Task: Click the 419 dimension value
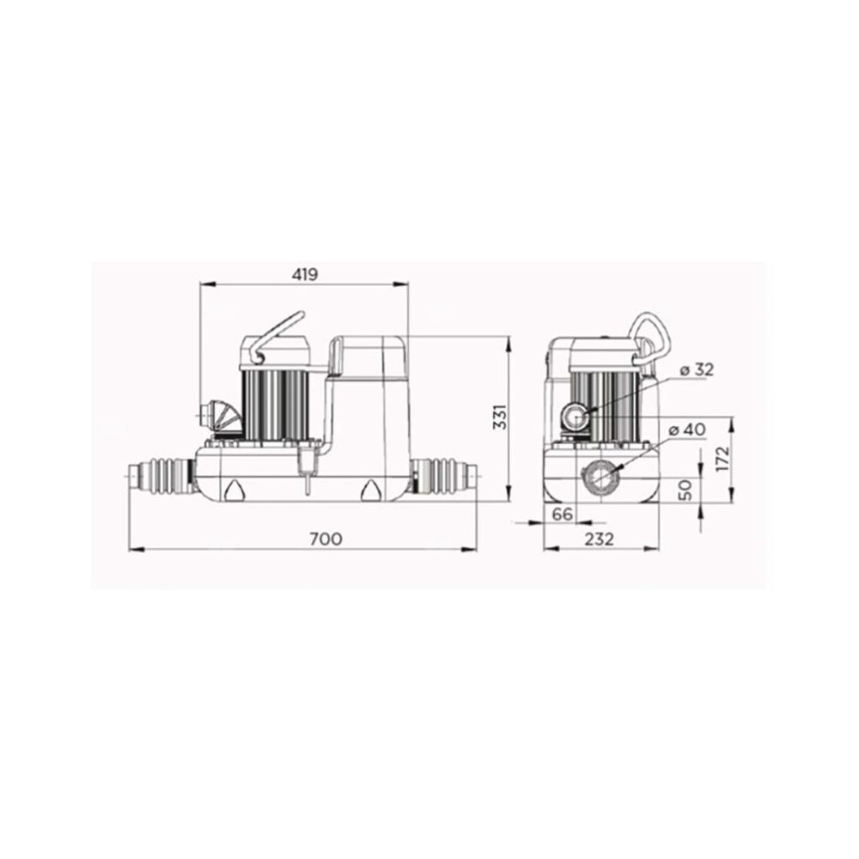point(305,274)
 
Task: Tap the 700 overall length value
point(326,539)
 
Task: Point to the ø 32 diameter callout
point(697,369)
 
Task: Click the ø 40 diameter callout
point(687,430)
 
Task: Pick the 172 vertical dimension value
point(723,459)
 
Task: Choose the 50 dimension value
point(685,490)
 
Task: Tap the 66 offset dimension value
point(562,514)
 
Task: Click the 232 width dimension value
point(599,539)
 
